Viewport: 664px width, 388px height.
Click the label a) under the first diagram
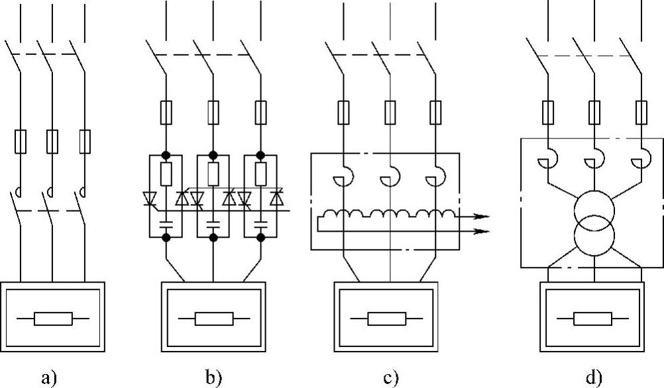[50, 377]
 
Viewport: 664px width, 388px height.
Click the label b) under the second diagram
[214, 377]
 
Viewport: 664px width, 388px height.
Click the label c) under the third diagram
[392, 377]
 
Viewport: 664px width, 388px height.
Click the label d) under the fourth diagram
[594, 377]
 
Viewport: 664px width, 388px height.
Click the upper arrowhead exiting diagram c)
[483, 217]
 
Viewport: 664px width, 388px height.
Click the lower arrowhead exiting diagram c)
[483, 232]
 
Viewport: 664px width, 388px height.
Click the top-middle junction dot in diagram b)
[213, 154]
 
